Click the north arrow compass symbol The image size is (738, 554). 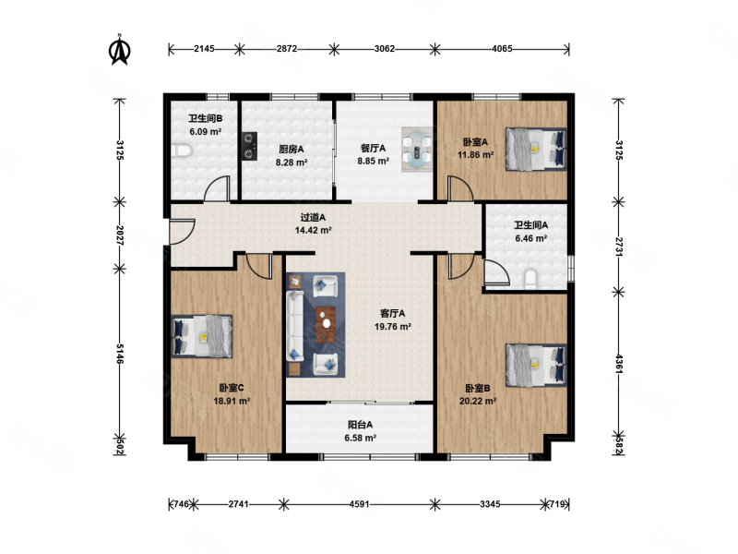[120, 50]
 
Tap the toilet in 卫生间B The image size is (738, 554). [181, 151]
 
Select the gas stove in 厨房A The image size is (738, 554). [249, 146]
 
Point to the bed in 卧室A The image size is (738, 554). [536, 149]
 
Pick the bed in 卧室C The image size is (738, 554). [201, 336]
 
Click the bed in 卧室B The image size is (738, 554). [536, 365]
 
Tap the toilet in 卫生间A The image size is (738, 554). [530, 279]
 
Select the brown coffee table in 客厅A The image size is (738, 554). [326, 324]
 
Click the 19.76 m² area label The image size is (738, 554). [393, 327]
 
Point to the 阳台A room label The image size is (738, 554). [360, 425]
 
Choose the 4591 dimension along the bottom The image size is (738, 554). [359, 504]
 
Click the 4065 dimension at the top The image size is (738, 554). [502, 49]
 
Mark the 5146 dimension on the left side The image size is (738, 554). [120, 354]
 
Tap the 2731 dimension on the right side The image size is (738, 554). [619, 247]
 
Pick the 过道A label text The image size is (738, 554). [313, 218]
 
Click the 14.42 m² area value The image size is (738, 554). [314, 230]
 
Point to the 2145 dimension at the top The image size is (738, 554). [204, 49]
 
